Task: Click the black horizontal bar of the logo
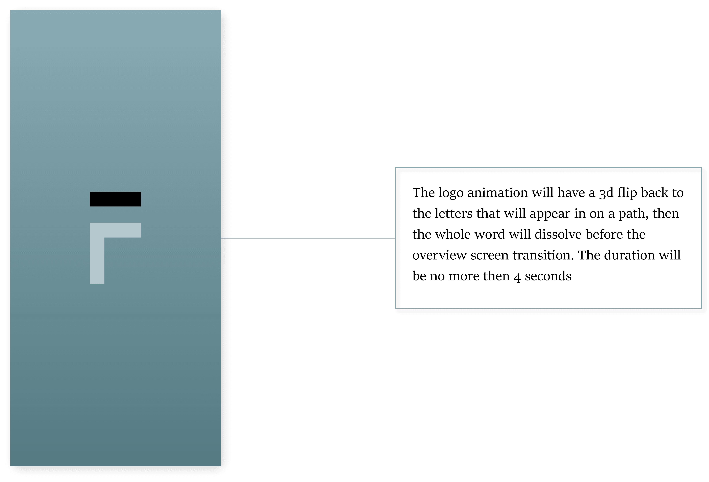pos(115,199)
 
